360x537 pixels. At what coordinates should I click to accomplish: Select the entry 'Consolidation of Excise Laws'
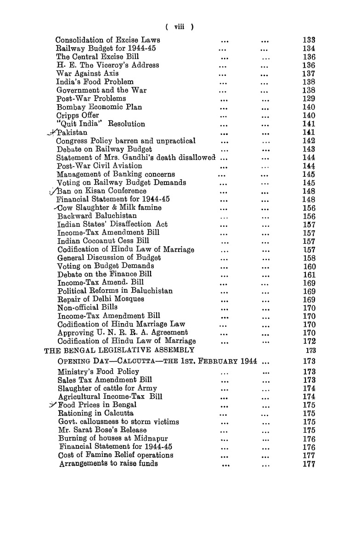[107, 40]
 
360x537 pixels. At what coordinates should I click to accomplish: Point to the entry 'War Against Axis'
[87, 73]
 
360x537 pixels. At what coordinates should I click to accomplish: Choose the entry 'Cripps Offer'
[78, 115]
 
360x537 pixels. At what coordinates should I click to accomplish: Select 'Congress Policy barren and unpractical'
[126, 141]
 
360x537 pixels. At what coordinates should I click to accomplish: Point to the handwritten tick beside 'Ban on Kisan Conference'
[53, 191]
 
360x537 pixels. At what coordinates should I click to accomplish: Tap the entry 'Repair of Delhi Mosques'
[101, 299]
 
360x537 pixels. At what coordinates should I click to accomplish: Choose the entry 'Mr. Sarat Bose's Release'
[102, 430]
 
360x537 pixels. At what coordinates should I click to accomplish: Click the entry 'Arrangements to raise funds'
[109, 464]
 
